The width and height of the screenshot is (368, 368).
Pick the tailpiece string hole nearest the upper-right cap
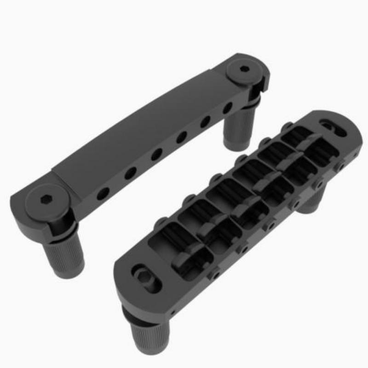pyautogui.click(x=228, y=109)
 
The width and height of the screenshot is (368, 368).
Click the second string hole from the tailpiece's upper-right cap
pyautogui.click(x=205, y=122)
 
